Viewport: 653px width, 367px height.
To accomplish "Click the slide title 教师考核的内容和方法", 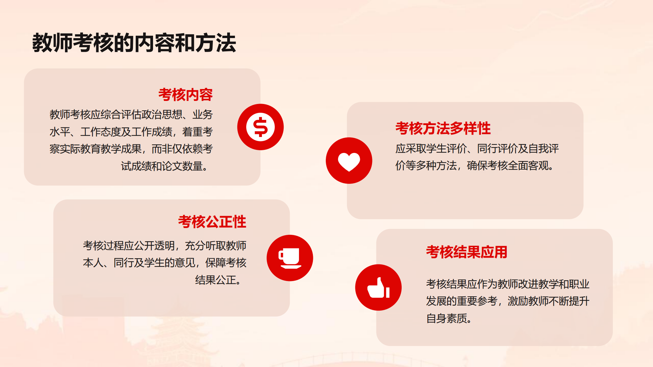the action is pos(134,43).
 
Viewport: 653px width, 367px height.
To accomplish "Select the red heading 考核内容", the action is pos(185,95).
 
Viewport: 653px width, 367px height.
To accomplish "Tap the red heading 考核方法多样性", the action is pos(443,128).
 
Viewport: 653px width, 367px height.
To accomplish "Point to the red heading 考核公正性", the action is pos(212,222).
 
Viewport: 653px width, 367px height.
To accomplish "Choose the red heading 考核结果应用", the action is pos(467,252).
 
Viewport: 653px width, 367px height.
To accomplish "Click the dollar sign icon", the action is pos(261,127).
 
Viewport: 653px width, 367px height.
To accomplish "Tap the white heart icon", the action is pos(349,162).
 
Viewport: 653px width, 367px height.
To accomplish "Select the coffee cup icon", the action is pos(290,258).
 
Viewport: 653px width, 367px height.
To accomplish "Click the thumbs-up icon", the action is pos(378,288).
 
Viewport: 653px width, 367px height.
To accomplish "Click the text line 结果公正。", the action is pos(219,280).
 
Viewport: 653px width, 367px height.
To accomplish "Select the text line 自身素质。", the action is pos(449,318).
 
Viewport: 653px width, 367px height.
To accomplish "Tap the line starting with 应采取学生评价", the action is pos(477,148).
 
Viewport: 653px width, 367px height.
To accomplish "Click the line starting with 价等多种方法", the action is pos(475,165).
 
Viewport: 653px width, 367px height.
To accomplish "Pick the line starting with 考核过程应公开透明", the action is pos(165,245).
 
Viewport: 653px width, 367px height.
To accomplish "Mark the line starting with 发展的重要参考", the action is pos(508,301).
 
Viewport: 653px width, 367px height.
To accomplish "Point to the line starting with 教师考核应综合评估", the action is pos(131,115).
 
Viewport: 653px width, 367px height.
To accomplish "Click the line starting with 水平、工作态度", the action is pos(131,132).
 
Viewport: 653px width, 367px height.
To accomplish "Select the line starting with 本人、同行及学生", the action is pos(165,263).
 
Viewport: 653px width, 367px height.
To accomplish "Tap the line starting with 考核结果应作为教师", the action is pos(508,284).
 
